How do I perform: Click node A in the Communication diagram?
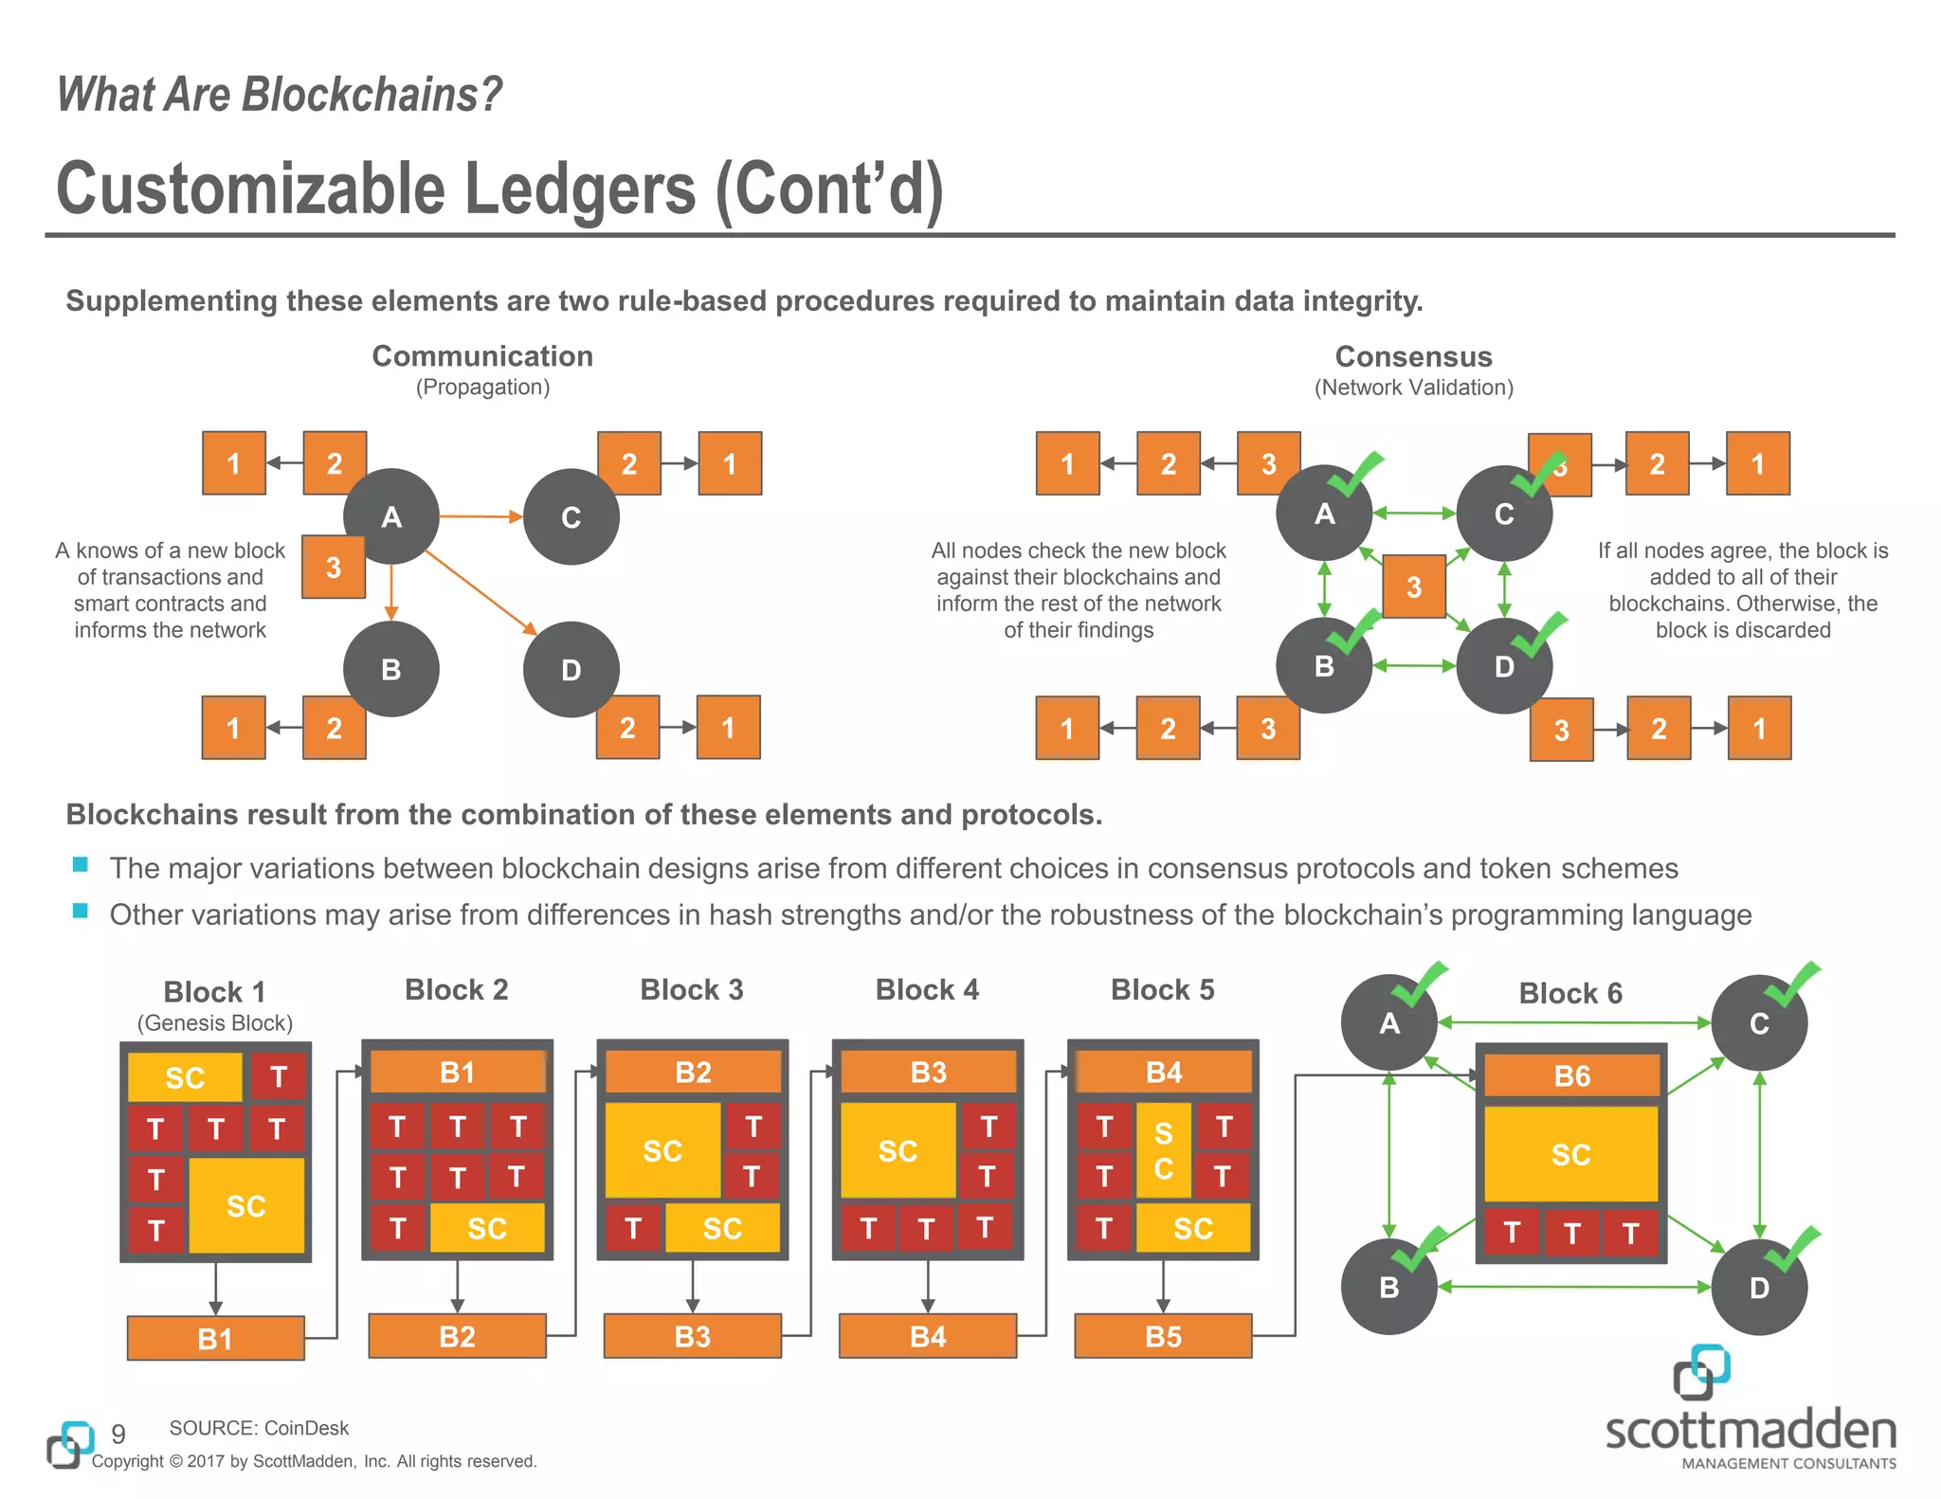390,516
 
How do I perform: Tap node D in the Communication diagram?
571,669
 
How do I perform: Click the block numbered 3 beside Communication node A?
334,567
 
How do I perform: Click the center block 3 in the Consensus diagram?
1413,587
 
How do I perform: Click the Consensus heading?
1413,356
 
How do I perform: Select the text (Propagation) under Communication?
482,388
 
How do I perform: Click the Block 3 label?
692,989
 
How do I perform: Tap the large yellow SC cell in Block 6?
1570,1154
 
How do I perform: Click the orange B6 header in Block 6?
1571,1076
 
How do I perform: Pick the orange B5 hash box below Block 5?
1163,1336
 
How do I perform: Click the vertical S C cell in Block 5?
1163,1150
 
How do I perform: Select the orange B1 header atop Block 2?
458,1072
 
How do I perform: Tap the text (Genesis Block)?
215,1023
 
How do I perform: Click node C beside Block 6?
1759,1023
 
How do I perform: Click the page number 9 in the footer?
118,1434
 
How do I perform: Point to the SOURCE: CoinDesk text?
259,1428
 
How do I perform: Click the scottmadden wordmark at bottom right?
1750,1431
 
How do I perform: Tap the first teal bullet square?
81,864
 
